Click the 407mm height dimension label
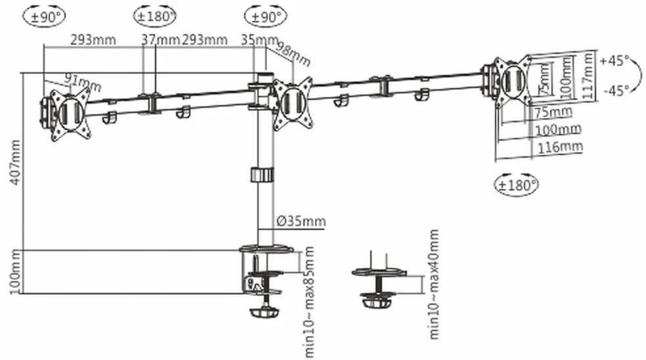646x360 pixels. pos(15,162)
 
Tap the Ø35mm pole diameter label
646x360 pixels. pos(301,221)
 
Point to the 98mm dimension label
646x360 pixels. pos(293,53)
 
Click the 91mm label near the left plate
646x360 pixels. pos(83,82)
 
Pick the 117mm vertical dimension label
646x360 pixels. pos(588,75)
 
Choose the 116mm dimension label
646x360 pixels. pos(560,146)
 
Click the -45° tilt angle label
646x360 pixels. pos(616,90)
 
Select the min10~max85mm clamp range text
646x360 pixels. pos(309,302)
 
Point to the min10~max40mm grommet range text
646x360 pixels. pos(434,284)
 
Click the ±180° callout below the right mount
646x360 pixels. pos(516,185)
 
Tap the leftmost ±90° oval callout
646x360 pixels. pos(44,16)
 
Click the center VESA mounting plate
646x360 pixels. pos(293,103)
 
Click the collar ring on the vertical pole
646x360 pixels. pos(261,175)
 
